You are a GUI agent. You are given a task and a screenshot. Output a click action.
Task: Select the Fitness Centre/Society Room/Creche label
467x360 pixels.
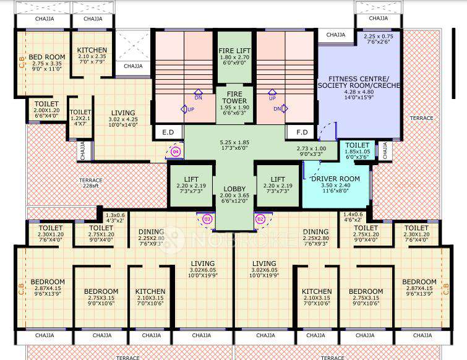click(x=359, y=83)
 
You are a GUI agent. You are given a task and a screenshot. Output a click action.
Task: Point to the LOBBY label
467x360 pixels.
click(x=234, y=189)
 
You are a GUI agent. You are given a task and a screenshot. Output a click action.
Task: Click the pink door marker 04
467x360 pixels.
click(x=175, y=151)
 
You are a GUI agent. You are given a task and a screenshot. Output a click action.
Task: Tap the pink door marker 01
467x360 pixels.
click(x=207, y=218)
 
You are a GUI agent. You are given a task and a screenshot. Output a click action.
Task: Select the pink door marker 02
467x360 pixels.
click(x=260, y=218)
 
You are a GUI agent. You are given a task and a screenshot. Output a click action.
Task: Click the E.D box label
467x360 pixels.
click(x=168, y=132)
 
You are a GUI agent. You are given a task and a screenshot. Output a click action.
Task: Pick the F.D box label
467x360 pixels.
click(x=302, y=132)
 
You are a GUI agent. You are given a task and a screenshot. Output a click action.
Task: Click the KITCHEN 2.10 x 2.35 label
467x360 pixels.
click(x=92, y=50)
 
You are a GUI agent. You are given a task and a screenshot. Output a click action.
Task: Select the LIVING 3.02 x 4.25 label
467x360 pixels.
click(x=124, y=113)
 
